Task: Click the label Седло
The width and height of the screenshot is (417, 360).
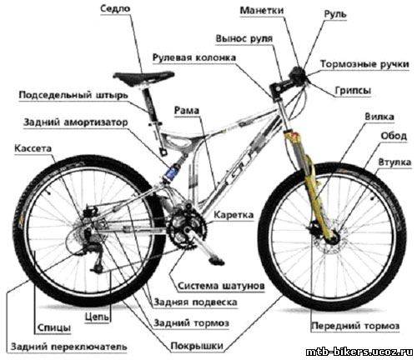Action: [115, 8]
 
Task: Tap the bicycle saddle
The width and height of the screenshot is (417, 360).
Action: [143, 77]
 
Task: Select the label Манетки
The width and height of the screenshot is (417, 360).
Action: [262, 11]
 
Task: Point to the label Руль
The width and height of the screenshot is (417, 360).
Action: [335, 14]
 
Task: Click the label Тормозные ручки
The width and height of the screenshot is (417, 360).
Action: [364, 64]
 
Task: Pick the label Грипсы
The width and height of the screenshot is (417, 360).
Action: [353, 91]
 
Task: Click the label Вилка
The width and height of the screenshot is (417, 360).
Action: [379, 117]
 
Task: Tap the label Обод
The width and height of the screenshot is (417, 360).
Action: [394, 136]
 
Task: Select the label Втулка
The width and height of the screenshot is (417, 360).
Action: [394, 162]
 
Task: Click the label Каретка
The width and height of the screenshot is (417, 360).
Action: [234, 215]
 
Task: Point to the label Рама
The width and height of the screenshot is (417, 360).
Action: [187, 111]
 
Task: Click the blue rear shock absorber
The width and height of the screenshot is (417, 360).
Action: [173, 172]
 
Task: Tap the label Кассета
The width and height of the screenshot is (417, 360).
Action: [33, 148]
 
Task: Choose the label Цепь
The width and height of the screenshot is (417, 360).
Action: [97, 317]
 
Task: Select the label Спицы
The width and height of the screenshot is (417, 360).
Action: [53, 328]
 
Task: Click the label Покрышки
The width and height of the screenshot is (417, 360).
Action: [197, 346]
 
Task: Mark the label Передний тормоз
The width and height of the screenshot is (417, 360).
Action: [355, 326]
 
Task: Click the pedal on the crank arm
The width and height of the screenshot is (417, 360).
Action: [217, 262]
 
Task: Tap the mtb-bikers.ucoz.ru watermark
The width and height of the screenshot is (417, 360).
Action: [359, 352]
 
